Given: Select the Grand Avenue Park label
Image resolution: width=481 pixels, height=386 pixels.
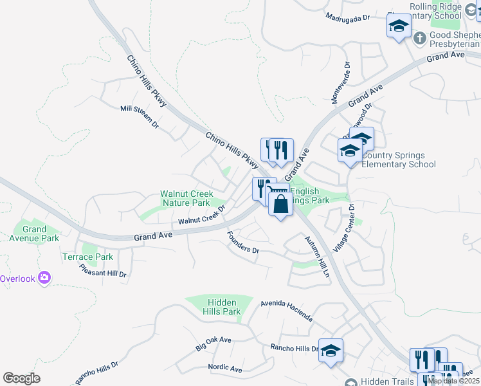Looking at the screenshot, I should tap(35, 234).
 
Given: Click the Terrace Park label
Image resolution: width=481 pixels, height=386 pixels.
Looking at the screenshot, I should tap(96, 257).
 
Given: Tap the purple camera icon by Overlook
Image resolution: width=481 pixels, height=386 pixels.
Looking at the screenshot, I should tap(44, 278).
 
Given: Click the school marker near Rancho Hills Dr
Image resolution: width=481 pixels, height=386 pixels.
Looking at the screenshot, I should tap(331, 351).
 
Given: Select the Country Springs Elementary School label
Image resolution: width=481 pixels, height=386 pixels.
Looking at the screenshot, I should tap(398, 160).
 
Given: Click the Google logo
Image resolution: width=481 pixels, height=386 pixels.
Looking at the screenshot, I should tap(22, 378).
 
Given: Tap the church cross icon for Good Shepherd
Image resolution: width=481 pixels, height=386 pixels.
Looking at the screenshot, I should tap(419, 38).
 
